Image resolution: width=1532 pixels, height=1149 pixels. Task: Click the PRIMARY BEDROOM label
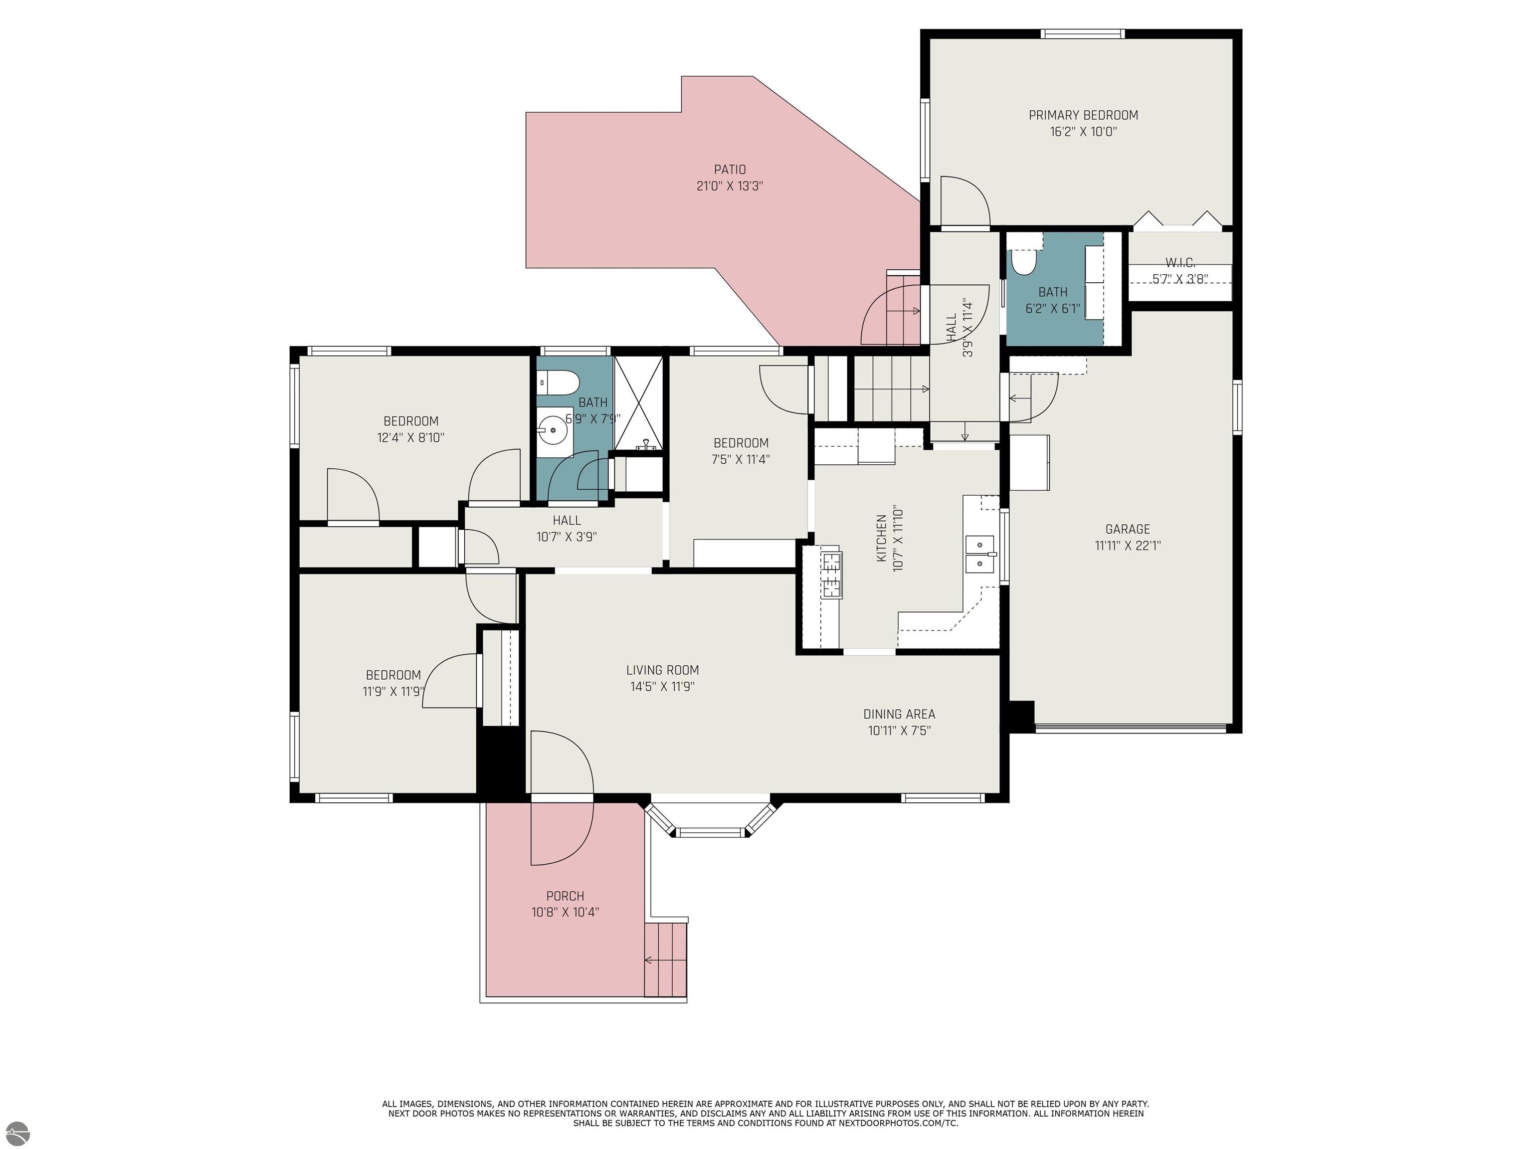1083,115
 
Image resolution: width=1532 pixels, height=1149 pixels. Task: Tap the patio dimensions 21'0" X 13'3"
730,187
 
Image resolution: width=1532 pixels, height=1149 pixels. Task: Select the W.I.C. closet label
1180,262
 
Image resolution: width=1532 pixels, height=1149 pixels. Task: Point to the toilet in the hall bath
559,381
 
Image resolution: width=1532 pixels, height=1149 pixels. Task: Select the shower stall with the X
638,403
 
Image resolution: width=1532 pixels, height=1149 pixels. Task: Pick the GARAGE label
1128,529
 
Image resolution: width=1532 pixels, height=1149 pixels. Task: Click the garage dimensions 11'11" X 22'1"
1128,546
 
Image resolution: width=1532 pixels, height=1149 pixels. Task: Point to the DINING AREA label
899,714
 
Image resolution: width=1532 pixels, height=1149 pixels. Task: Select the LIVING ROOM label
663,670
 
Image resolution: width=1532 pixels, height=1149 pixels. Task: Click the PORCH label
565,896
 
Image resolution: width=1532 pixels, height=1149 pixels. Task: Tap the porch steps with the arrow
666,959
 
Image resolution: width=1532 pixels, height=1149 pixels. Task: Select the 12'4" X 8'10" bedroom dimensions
411,438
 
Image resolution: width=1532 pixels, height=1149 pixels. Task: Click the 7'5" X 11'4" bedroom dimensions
741,459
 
